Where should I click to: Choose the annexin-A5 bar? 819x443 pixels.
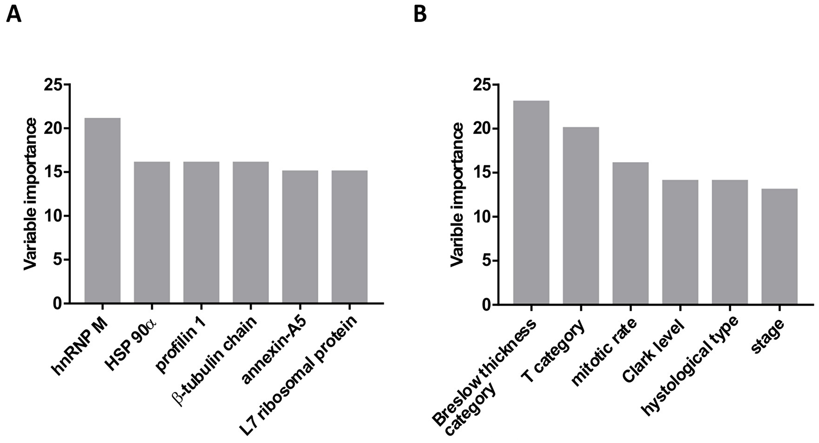click(300, 237)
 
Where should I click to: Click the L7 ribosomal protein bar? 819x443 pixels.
click(349, 237)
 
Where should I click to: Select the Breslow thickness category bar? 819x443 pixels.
click(531, 202)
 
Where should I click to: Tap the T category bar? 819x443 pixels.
click(581, 215)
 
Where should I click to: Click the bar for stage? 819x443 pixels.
click(779, 246)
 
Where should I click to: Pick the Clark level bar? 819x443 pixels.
click(680, 242)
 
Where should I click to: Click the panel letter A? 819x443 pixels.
click(14, 14)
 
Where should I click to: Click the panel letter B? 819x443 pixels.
click(420, 14)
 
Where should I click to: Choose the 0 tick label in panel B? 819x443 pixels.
click(486, 305)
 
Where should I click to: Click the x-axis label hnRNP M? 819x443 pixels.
click(81, 347)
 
